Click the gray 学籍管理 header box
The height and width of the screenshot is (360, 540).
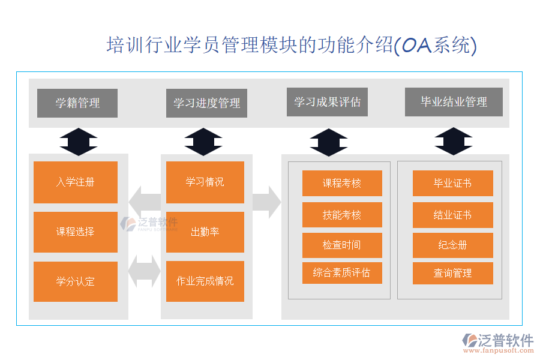tap(77, 103)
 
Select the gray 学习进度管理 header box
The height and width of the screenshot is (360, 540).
tap(206, 103)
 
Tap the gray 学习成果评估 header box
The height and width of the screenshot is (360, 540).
tap(327, 102)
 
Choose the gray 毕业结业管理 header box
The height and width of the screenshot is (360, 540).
tap(454, 102)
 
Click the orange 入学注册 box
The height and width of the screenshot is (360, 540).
tap(76, 182)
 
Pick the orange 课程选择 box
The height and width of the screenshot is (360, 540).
tap(76, 232)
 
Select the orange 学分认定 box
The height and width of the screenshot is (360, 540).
tap(76, 281)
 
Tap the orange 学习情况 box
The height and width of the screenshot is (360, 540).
tap(205, 182)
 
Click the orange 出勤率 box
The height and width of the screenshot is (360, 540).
tap(205, 232)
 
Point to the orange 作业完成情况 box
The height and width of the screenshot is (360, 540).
tap(205, 281)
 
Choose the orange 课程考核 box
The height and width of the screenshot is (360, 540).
tap(342, 183)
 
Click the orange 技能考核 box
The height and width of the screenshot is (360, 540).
tap(342, 215)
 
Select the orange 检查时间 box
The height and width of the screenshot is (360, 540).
tap(342, 245)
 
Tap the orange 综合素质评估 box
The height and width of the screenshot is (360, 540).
tap(342, 273)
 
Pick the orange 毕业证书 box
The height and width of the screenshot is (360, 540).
tap(453, 183)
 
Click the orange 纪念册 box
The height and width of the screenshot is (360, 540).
tap(453, 245)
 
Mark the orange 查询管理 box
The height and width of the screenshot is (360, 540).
tap(453, 273)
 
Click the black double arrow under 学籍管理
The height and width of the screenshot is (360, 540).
tap(79, 142)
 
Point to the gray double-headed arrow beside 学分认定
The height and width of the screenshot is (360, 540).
tap(145, 271)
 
